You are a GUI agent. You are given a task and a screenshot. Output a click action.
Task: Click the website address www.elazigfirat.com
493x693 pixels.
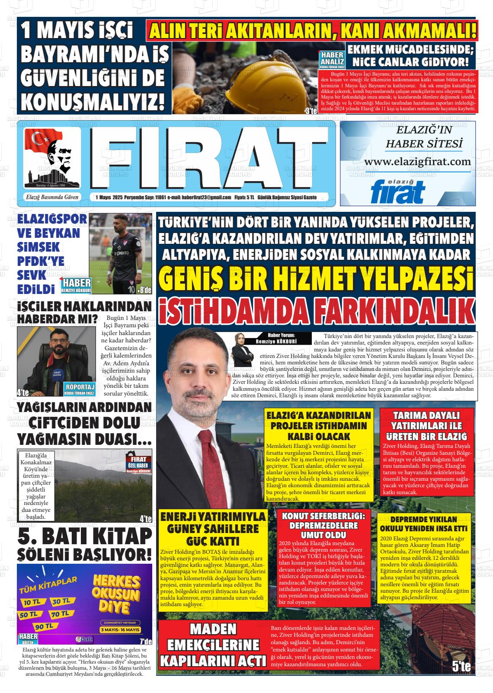click(x=417, y=161)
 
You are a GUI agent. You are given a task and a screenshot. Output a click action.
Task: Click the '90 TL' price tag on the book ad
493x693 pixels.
click(x=45, y=626)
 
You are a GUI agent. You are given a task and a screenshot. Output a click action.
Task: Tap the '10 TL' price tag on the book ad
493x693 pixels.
click(x=32, y=602)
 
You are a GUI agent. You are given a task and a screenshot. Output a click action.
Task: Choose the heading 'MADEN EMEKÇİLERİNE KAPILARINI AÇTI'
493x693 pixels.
click(x=213, y=644)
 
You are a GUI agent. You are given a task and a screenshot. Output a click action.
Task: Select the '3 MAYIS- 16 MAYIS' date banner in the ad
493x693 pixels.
click(x=120, y=629)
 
